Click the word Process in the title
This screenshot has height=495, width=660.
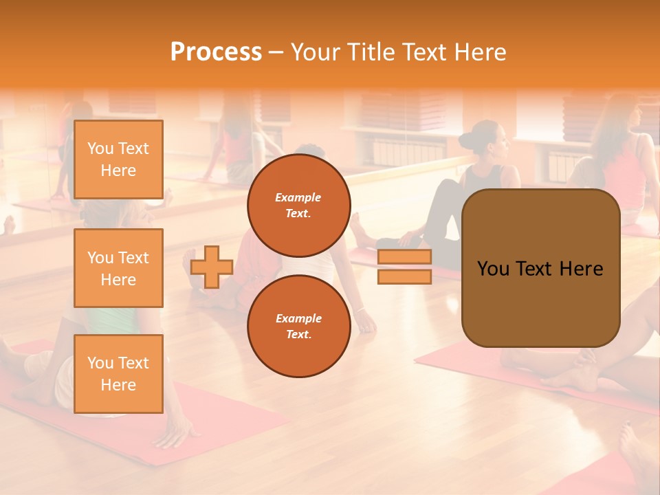coord(216,52)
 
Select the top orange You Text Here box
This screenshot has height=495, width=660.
coord(118,159)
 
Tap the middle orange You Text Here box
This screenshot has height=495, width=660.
coord(118,268)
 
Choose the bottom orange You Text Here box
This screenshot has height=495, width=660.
coord(118,373)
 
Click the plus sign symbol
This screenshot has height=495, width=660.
coord(212,267)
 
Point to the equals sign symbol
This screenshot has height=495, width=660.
coord(404,267)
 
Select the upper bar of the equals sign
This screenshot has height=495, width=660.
coord(404,257)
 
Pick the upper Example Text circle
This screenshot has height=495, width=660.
coord(299,205)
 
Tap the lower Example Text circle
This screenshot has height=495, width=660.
coord(299,326)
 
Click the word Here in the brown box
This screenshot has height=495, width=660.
coord(581,269)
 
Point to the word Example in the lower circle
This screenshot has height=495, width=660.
coord(298,318)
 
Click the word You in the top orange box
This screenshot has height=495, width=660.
coord(100,148)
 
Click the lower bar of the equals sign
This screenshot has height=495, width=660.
coord(404,276)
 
